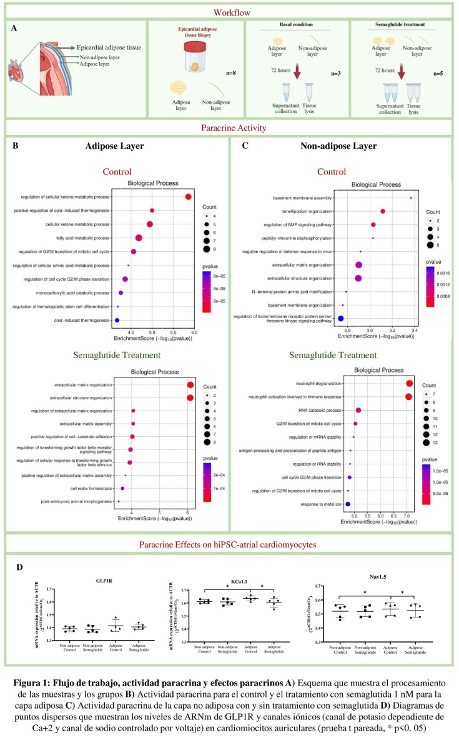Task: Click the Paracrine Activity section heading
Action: (229, 128)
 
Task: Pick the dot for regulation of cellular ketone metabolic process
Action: (188, 197)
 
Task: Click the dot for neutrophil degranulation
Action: (409, 384)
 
